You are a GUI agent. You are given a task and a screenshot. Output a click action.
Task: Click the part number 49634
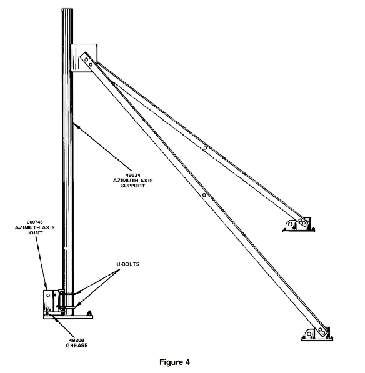[132, 176]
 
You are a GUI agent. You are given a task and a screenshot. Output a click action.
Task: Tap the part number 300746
[35, 222]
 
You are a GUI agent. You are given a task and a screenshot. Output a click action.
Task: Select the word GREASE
[77, 346]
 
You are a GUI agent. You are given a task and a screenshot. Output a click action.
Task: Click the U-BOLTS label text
[127, 264]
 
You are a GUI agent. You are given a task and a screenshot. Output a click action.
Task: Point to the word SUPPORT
[133, 186]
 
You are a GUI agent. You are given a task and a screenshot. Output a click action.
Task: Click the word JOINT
[35, 232]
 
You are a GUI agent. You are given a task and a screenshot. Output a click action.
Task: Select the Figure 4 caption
[174, 362]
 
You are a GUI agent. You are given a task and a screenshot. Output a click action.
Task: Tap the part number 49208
[77, 340]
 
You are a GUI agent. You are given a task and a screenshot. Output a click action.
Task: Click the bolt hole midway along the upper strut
[206, 148]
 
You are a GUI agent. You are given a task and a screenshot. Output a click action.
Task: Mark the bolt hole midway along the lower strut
[204, 195]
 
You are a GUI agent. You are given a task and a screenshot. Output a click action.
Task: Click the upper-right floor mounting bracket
[298, 225]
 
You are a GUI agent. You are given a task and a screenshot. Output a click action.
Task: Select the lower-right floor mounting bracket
[317, 334]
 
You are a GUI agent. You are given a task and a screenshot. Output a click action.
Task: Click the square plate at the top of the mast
[84, 58]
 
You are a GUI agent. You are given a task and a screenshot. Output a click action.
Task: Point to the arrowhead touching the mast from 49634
[77, 126]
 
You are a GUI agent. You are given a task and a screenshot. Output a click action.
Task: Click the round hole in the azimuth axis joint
[48, 295]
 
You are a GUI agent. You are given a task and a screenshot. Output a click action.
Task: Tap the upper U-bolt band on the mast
[68, 294]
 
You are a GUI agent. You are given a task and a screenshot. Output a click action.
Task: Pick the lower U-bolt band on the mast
[68, 308]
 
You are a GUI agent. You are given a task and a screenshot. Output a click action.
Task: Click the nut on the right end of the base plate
[89, 313]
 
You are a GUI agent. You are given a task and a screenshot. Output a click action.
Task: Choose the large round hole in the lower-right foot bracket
[309, 334]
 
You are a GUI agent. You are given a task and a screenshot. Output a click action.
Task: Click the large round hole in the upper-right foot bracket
[290, 224]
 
